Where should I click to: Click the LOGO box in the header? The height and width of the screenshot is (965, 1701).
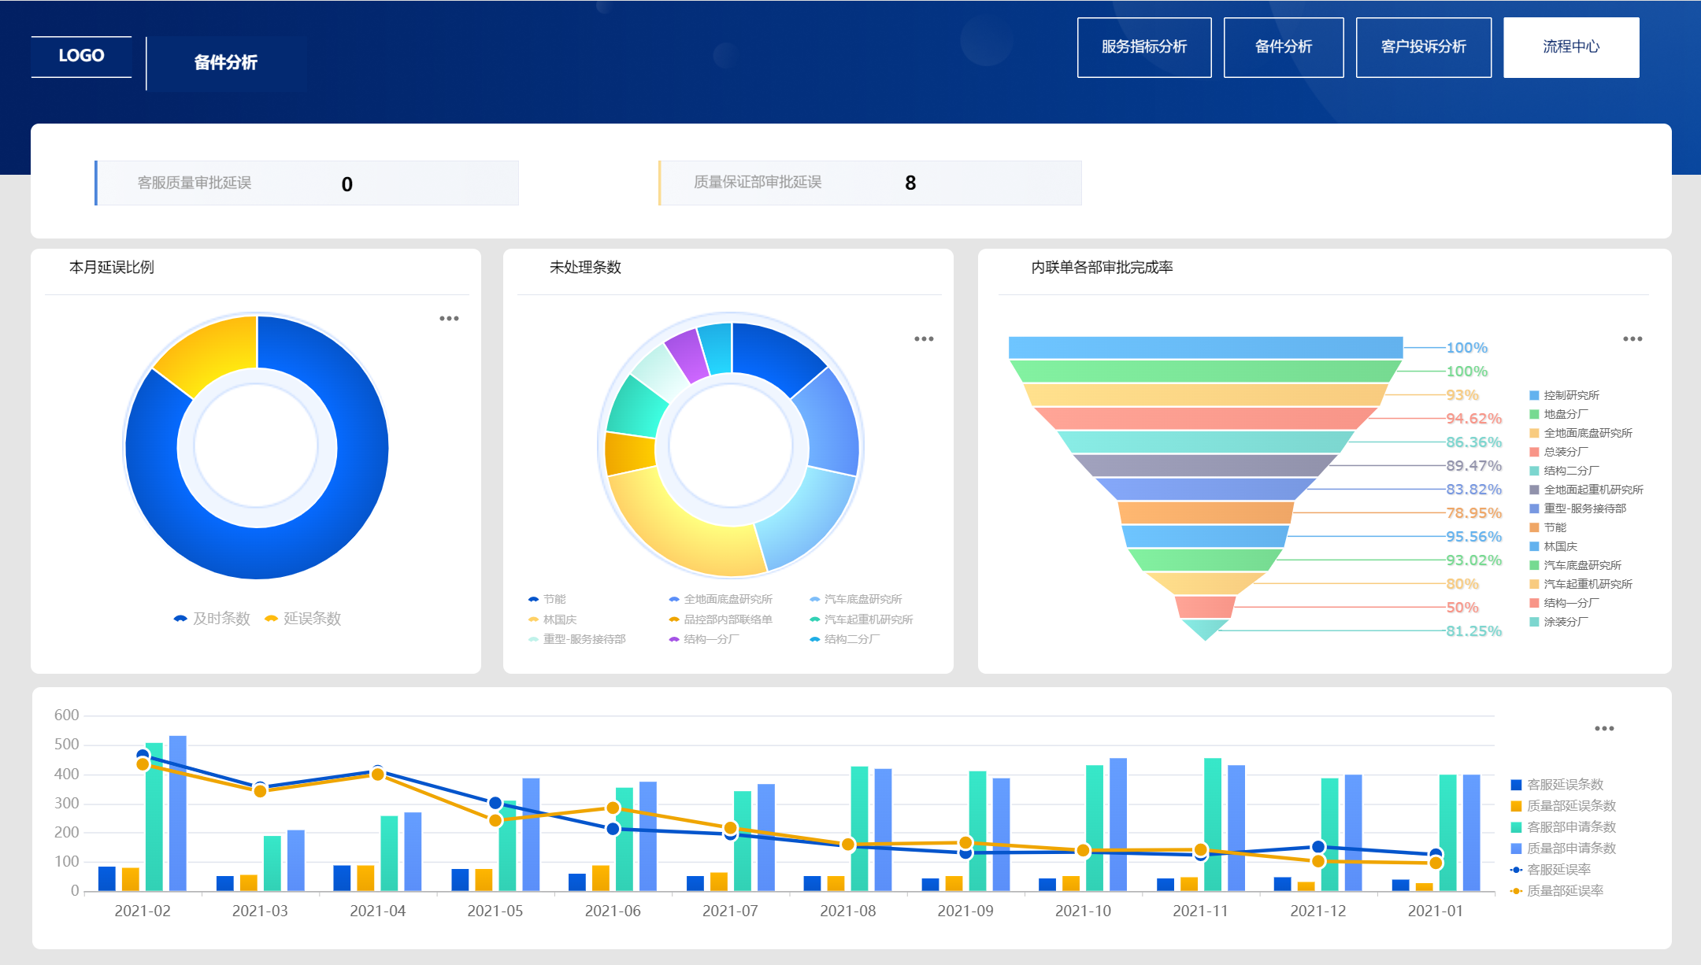(81, 56)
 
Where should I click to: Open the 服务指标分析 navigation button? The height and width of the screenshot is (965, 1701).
(1143, 47)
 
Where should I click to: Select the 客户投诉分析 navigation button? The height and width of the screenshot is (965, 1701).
(1423, 47)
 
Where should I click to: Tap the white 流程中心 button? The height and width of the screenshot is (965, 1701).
(1570, 47)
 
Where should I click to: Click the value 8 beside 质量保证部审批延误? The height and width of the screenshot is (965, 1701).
(910, 183)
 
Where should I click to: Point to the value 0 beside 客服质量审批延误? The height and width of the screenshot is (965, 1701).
(346, 184)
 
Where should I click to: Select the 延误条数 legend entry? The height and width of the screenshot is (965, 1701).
(304, 619)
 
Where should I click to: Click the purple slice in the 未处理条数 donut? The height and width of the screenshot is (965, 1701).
(686, 353)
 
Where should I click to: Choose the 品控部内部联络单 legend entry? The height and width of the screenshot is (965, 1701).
(721, 619)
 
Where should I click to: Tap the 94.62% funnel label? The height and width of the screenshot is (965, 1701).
(1473, 419)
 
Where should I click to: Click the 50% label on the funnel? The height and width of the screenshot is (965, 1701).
(1462, 608)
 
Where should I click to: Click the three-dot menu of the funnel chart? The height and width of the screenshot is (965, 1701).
(1632, 339)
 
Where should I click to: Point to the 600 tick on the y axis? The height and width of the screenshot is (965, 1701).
(67, 715)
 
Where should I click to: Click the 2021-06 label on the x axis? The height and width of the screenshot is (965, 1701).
(613, 911)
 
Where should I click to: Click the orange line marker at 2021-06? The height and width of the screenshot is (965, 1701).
(613, 808)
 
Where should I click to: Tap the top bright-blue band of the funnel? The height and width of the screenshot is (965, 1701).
(1205, 347)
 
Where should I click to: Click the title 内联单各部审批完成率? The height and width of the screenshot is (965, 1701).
(1102, 268)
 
